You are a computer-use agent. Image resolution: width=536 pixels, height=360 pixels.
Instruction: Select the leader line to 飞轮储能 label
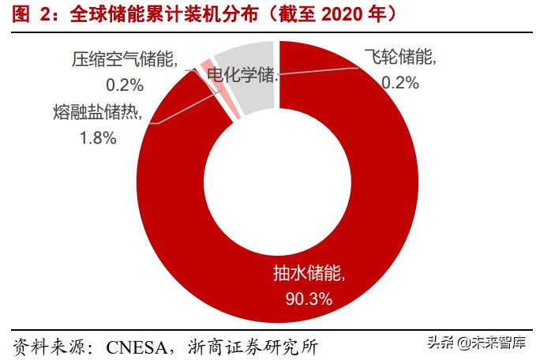(324, 71)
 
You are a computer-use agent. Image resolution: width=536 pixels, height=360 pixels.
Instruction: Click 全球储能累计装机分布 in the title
(150, 14)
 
